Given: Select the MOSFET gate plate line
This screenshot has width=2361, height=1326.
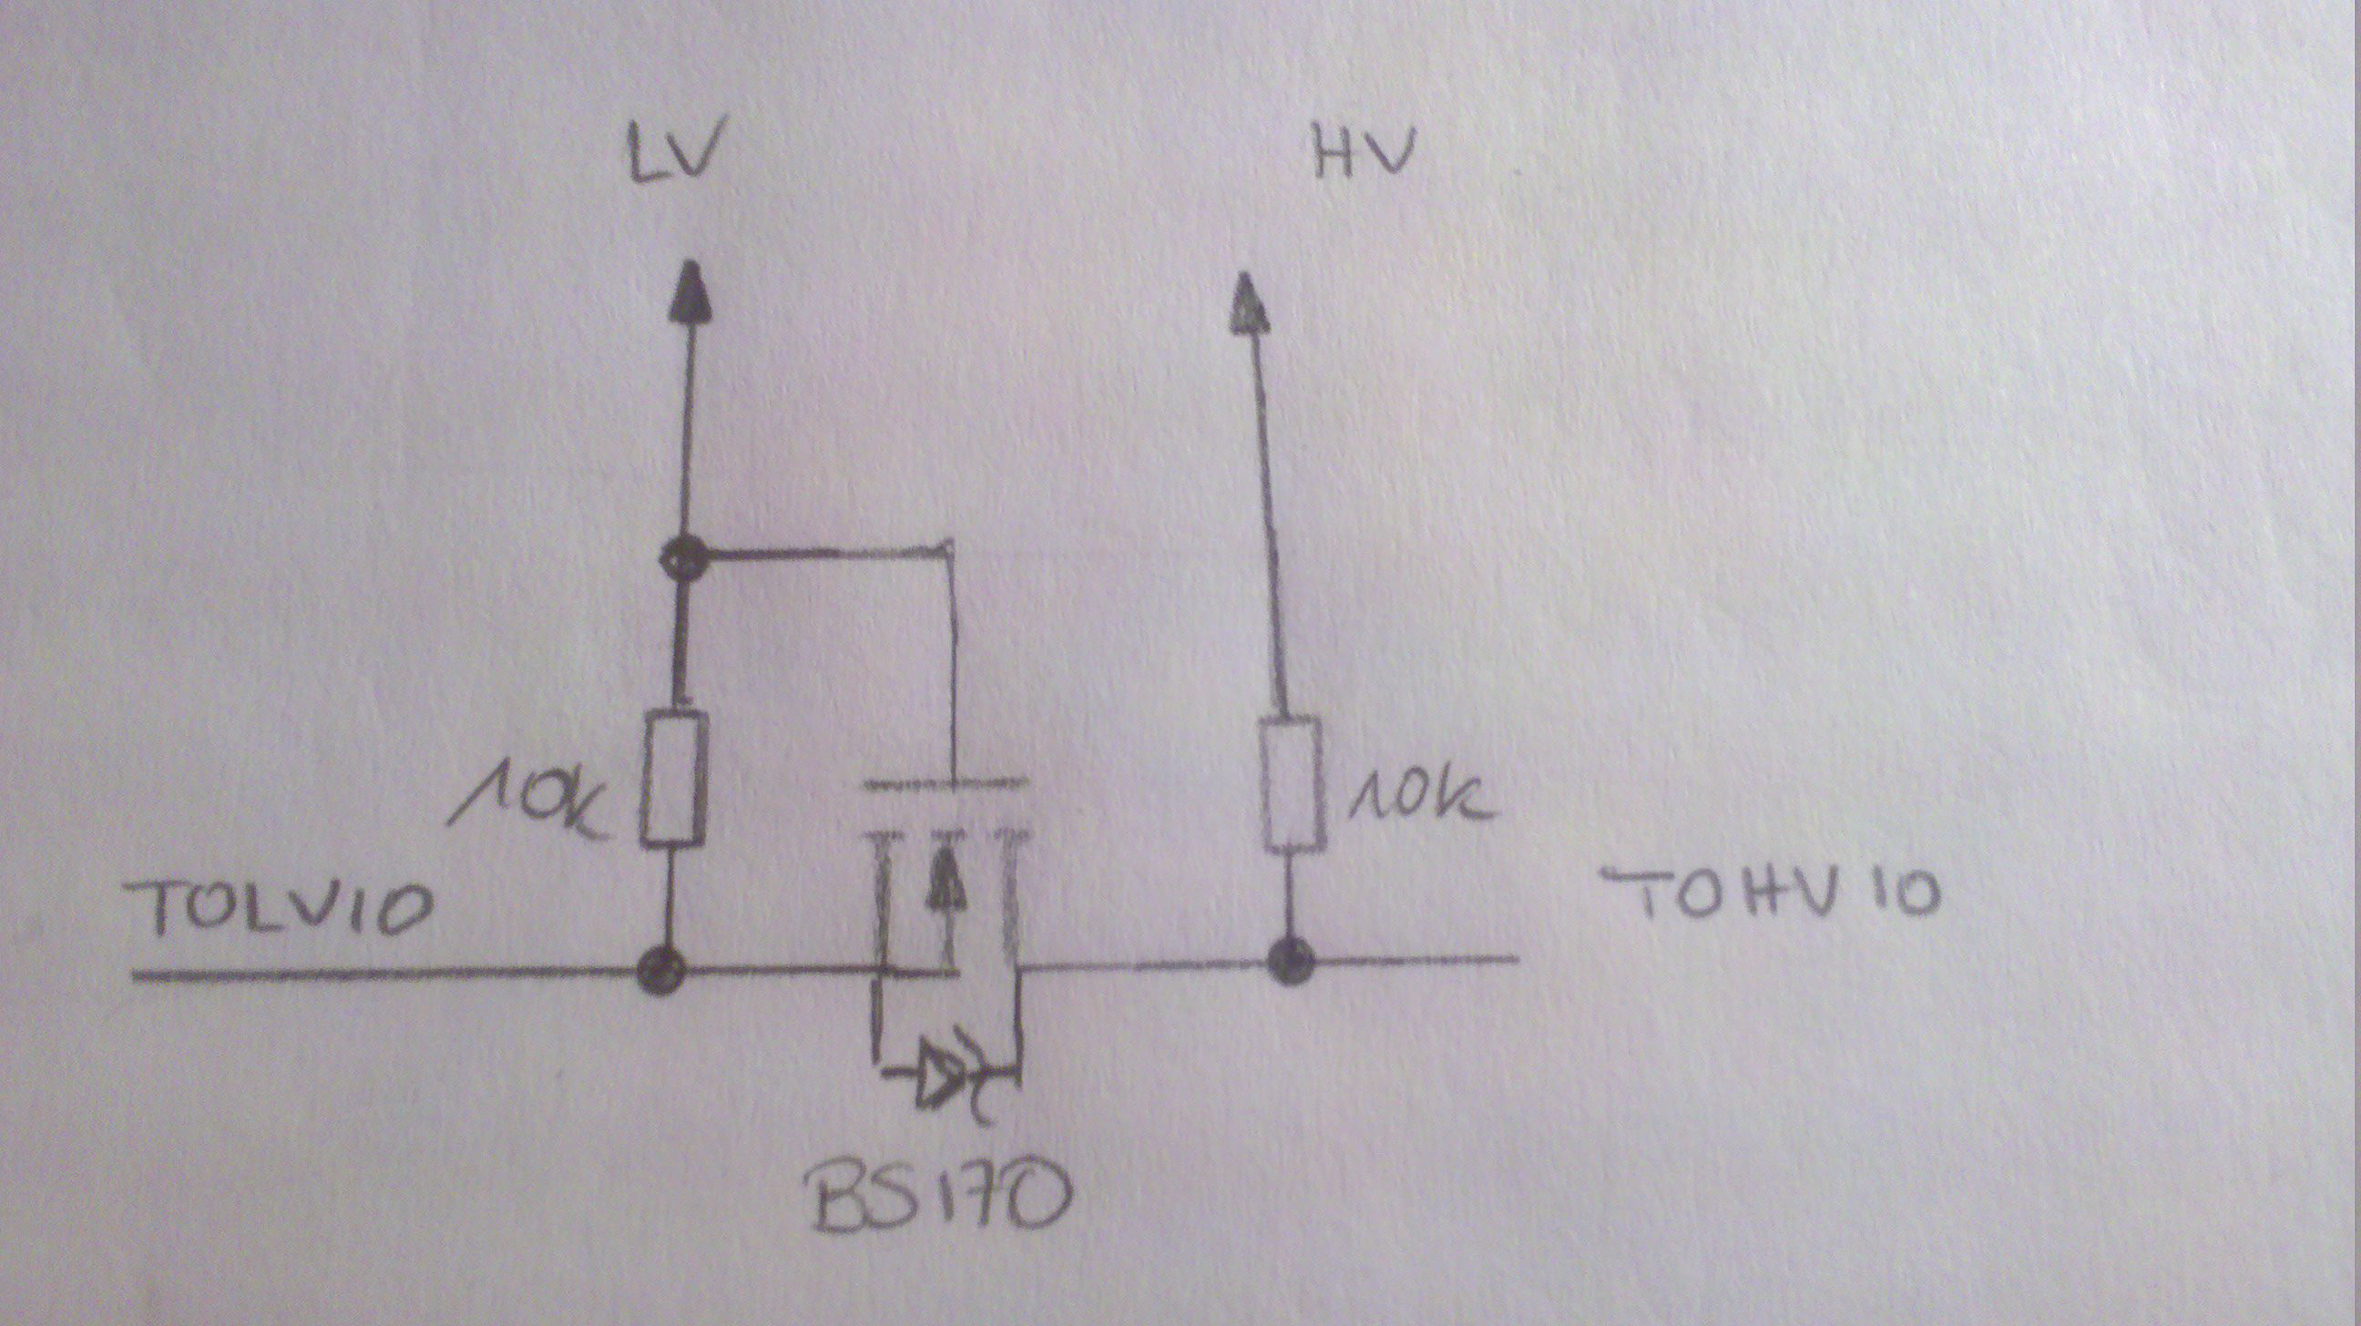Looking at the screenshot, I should coord(945,783).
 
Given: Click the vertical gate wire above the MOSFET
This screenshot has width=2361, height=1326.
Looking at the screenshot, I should coord(952,669).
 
